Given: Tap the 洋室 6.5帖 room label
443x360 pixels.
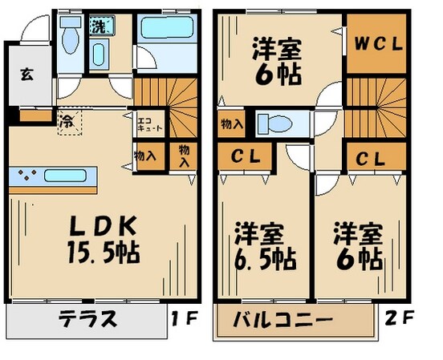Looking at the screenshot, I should pyautogui.click(x=264, y=248).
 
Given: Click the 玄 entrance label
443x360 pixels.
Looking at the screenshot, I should pyautogui.click(x=26, y=76).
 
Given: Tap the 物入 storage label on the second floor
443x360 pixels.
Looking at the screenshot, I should pyautogui.click(x=227, y=123).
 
